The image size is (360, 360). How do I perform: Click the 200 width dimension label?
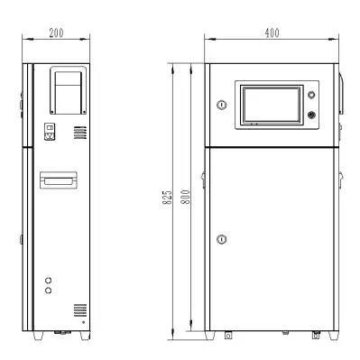57,32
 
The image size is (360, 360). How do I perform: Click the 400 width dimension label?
272,32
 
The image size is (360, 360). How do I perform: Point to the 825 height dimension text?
168,198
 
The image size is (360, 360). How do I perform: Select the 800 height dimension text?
185,197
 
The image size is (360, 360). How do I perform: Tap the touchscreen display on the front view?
272,105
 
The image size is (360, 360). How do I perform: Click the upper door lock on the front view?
222,105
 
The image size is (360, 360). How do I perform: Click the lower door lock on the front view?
222,239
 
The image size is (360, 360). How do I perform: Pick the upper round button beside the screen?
311,95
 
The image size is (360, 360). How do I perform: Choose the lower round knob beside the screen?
311,115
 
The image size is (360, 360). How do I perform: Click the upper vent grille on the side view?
80,133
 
